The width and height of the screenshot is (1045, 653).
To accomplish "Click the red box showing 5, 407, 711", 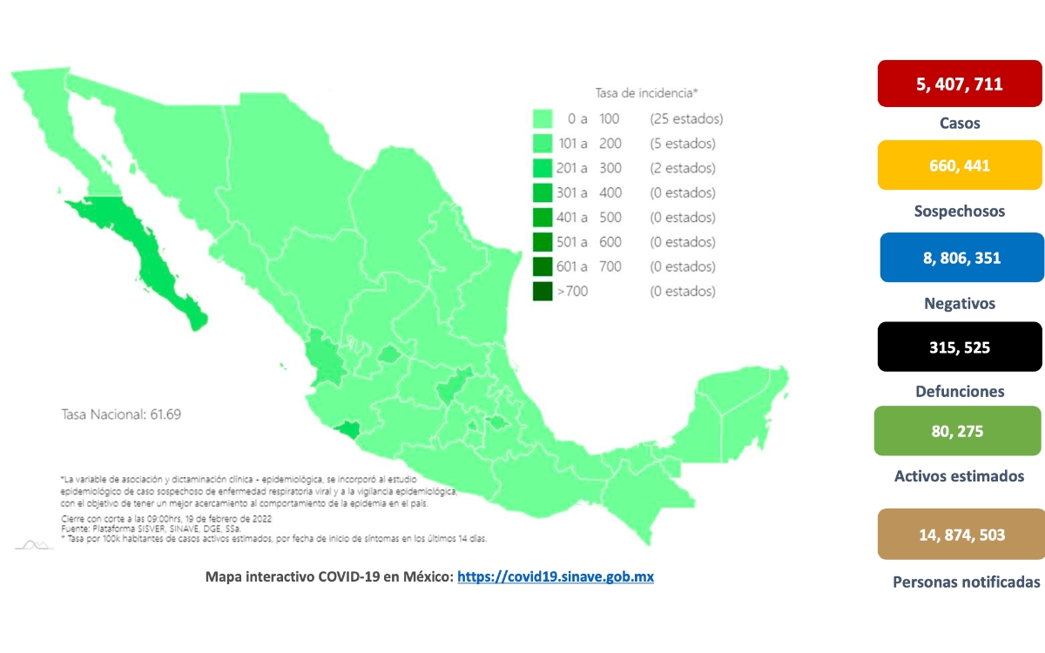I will (960, 84).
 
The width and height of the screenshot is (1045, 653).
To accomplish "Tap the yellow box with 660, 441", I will (960, 165).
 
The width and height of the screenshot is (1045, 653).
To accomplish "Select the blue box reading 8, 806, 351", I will (961, 258).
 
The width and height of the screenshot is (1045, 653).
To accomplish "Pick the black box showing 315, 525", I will (959, 347).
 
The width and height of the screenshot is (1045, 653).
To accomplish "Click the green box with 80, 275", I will (958, 430).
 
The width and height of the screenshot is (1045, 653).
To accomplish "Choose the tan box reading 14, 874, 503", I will (961, 534).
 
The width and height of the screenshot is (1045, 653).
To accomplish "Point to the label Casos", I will (960, 124).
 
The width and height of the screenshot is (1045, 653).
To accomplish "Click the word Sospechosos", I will (960, 212).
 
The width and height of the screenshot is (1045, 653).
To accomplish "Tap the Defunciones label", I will (960, 392).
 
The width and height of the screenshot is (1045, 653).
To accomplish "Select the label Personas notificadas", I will (967, 582).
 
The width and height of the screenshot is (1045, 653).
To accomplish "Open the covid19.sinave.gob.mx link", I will (556, 576).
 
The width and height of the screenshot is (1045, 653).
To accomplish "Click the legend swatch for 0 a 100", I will (544, 118).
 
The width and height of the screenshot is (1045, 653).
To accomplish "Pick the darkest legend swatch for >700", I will (544, 291).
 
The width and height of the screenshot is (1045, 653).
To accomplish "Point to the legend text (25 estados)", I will (685, 118).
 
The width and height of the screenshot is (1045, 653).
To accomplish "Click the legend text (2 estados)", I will (682, 168).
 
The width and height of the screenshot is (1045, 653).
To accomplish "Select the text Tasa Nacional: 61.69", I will (120, 414).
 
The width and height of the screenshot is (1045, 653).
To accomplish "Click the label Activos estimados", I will (959, 476).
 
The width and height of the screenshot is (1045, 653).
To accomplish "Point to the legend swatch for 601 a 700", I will (544, 266).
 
